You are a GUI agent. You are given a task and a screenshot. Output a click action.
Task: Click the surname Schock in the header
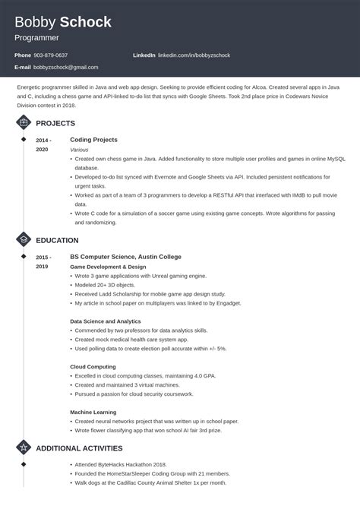[x=85, y=22]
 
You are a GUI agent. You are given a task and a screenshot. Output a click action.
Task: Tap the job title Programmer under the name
[x=36, y=37]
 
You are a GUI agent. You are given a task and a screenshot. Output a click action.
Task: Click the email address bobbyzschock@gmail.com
[x=65, y=68]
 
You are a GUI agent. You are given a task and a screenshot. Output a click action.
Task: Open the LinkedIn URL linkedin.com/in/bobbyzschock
[x=194, y=55]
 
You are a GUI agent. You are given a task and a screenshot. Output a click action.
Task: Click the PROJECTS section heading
[x=55, y=123]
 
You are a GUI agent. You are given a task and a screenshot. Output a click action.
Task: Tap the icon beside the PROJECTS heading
[x=24, y=123]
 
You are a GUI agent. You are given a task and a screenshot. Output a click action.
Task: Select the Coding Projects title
[x=93, y=140]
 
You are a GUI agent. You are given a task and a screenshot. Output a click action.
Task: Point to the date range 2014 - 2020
[x=43, y=145]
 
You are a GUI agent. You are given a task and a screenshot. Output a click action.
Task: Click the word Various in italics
[x=79, y=150]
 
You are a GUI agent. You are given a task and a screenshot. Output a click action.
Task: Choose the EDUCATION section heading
[x=58, y=240]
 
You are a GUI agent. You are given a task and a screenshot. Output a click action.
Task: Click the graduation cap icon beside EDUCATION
[x=24, y=240]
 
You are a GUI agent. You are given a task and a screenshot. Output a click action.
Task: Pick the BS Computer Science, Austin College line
[x=125, y=257]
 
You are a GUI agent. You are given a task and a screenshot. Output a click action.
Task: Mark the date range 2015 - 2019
[x=43, y=262]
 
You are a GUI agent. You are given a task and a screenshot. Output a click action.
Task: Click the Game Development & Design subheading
[x=108, y=267]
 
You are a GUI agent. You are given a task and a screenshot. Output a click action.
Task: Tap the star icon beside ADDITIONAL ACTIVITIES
[x=24, y=447]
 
